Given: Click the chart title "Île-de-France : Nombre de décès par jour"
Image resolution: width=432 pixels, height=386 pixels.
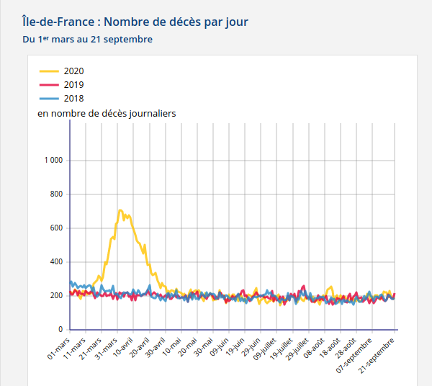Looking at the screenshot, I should (135, 22).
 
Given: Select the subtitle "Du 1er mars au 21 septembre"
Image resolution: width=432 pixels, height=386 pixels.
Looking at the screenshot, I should (87, 40).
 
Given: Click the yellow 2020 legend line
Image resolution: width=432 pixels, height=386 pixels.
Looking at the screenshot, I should (49, 71).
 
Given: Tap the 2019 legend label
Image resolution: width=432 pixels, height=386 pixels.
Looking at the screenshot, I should (73, 85).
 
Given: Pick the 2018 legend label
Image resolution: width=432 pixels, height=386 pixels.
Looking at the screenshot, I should (73, 99).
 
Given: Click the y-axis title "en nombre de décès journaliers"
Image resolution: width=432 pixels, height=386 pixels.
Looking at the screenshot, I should (107, 113).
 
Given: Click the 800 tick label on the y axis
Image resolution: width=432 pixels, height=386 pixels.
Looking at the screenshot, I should (55, 194).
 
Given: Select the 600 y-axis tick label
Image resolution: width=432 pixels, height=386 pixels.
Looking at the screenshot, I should (55, 228).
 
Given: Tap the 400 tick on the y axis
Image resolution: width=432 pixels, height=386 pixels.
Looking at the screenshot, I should (55, 262).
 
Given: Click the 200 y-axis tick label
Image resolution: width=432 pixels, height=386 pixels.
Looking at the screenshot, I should (55, 296).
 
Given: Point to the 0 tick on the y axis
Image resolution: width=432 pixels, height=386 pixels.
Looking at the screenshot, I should (60, 330).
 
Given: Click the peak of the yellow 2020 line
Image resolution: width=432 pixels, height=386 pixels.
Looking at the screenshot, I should (120, 210).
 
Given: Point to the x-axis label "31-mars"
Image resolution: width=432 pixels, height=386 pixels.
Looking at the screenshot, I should (107, 348).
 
